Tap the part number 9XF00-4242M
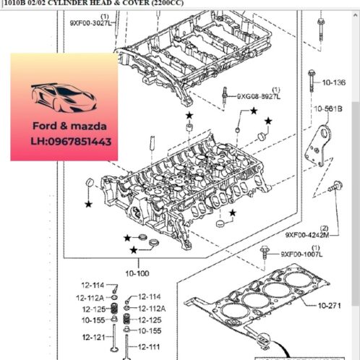pos(307,235)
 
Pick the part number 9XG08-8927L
pos(258,95)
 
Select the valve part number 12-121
pos(93,338)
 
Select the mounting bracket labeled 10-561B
pos(321,148)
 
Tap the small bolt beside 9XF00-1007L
pos(265,252)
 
